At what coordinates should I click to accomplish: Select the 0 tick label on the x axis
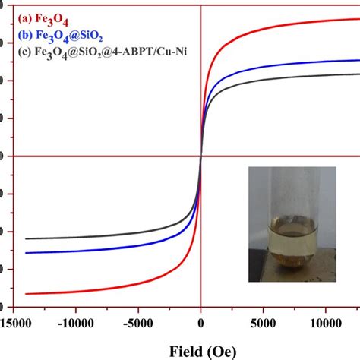pyautogui.click(x=201, y=323)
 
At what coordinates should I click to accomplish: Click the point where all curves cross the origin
pyautogui.click(x=201, y=156)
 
